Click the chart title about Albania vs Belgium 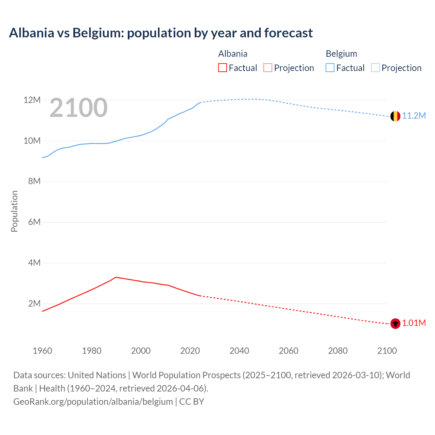click(161, 33)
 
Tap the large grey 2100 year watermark click(79, 108)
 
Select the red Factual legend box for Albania click(223, 68)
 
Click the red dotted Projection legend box click(268, 68)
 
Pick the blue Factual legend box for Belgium click(330, 68)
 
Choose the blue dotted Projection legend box click(376, 68)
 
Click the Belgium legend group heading click(341, 54)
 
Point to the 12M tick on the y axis click(32, 100)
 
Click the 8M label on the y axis click(34, 181)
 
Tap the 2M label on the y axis click(34, 303)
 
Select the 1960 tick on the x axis click(42, 351)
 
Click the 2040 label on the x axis click(239, 351)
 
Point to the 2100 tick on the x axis click(387, 351)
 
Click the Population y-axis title click(14, 211)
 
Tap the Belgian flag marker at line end click(395, 116)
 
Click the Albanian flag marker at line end click(395, 324)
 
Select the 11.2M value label click(414, 116)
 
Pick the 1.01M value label click(414, 323)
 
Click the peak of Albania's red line click(116, 277)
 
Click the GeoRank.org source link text click(93, 402)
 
